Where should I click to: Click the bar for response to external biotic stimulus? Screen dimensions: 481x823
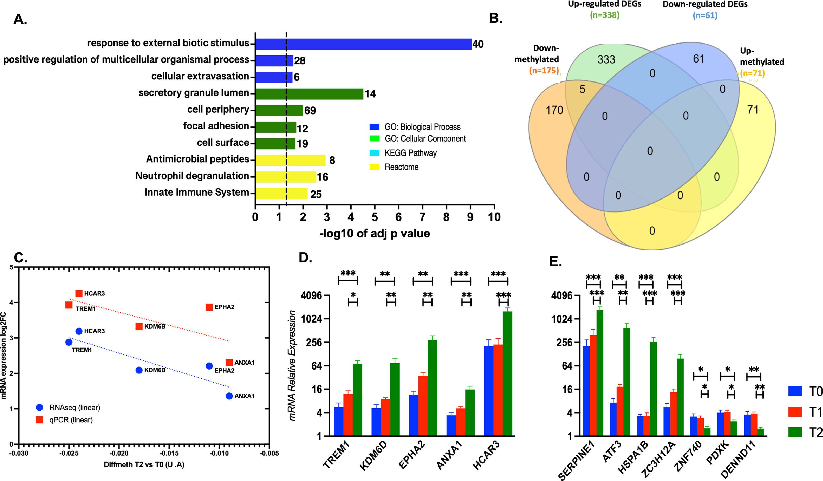(x=363, y=44)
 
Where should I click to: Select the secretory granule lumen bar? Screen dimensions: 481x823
(x=309, y=94)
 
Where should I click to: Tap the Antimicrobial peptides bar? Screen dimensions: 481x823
(x=290, y=160)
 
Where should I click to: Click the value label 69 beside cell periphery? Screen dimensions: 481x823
(x=310, y=111)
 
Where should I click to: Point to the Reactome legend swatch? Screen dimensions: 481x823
(x=374, y=167)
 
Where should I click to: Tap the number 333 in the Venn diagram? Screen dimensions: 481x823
(x=606, y=59)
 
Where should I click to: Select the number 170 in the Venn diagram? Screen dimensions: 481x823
(x=555, y=110)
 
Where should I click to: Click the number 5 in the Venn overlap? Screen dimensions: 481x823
(x=582, y=89)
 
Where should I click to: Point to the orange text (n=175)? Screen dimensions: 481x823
(x=544, y=70)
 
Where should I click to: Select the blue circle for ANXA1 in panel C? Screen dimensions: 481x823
(x=229, y=396)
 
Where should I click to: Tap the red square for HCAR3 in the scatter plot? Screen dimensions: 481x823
(x=79, y=294)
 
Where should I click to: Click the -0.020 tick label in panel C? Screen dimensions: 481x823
(x=119, y=453)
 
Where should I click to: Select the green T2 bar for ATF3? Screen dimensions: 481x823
(x=626, y=382)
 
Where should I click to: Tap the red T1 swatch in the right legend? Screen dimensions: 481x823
(x=795, y=411)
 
